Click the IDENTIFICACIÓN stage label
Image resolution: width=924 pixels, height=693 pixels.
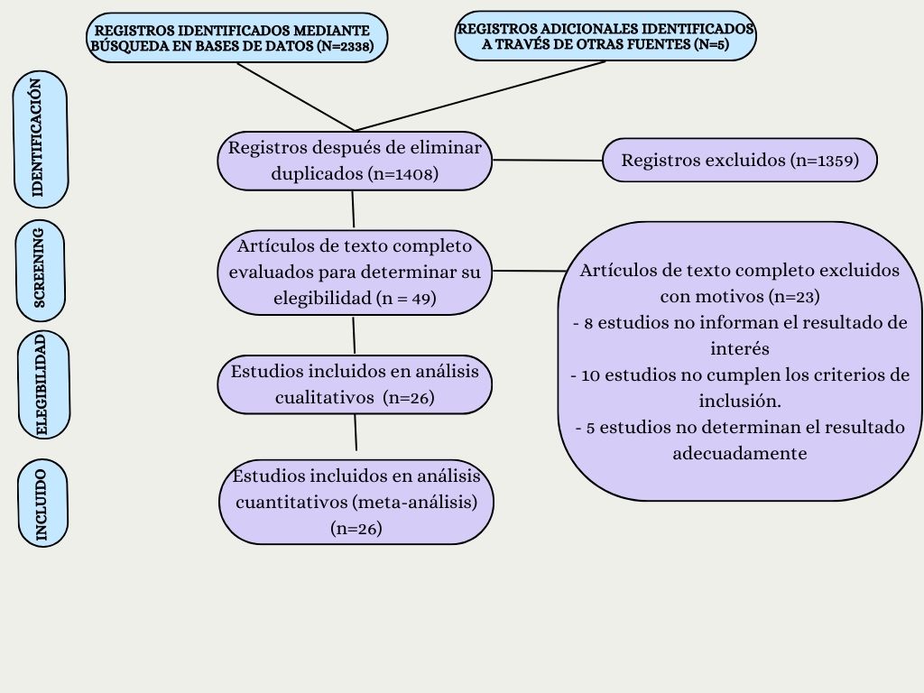40,139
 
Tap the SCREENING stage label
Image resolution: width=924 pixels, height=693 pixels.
40,271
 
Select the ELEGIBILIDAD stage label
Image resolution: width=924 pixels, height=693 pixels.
43,384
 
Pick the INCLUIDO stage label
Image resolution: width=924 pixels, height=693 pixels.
42,504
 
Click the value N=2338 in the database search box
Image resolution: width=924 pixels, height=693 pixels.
345,46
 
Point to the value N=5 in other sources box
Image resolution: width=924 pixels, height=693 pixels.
711,44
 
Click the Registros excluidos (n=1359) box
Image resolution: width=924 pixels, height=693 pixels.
740,160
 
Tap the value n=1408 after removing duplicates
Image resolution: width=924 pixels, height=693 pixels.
403,174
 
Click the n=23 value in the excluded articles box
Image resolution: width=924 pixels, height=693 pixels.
796,296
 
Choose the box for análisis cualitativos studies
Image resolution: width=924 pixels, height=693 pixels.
355,384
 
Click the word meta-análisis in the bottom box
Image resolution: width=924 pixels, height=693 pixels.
415,502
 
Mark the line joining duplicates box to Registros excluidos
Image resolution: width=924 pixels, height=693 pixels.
548,160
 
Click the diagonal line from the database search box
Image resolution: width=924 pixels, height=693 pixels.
295,97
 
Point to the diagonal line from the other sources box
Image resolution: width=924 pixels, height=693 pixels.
480,96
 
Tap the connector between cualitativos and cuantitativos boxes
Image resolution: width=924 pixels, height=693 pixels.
356,432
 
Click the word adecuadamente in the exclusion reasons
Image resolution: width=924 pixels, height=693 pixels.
740,454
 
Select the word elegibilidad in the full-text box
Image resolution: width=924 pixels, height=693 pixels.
323,298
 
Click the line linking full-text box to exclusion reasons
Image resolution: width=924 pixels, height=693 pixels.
529,271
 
